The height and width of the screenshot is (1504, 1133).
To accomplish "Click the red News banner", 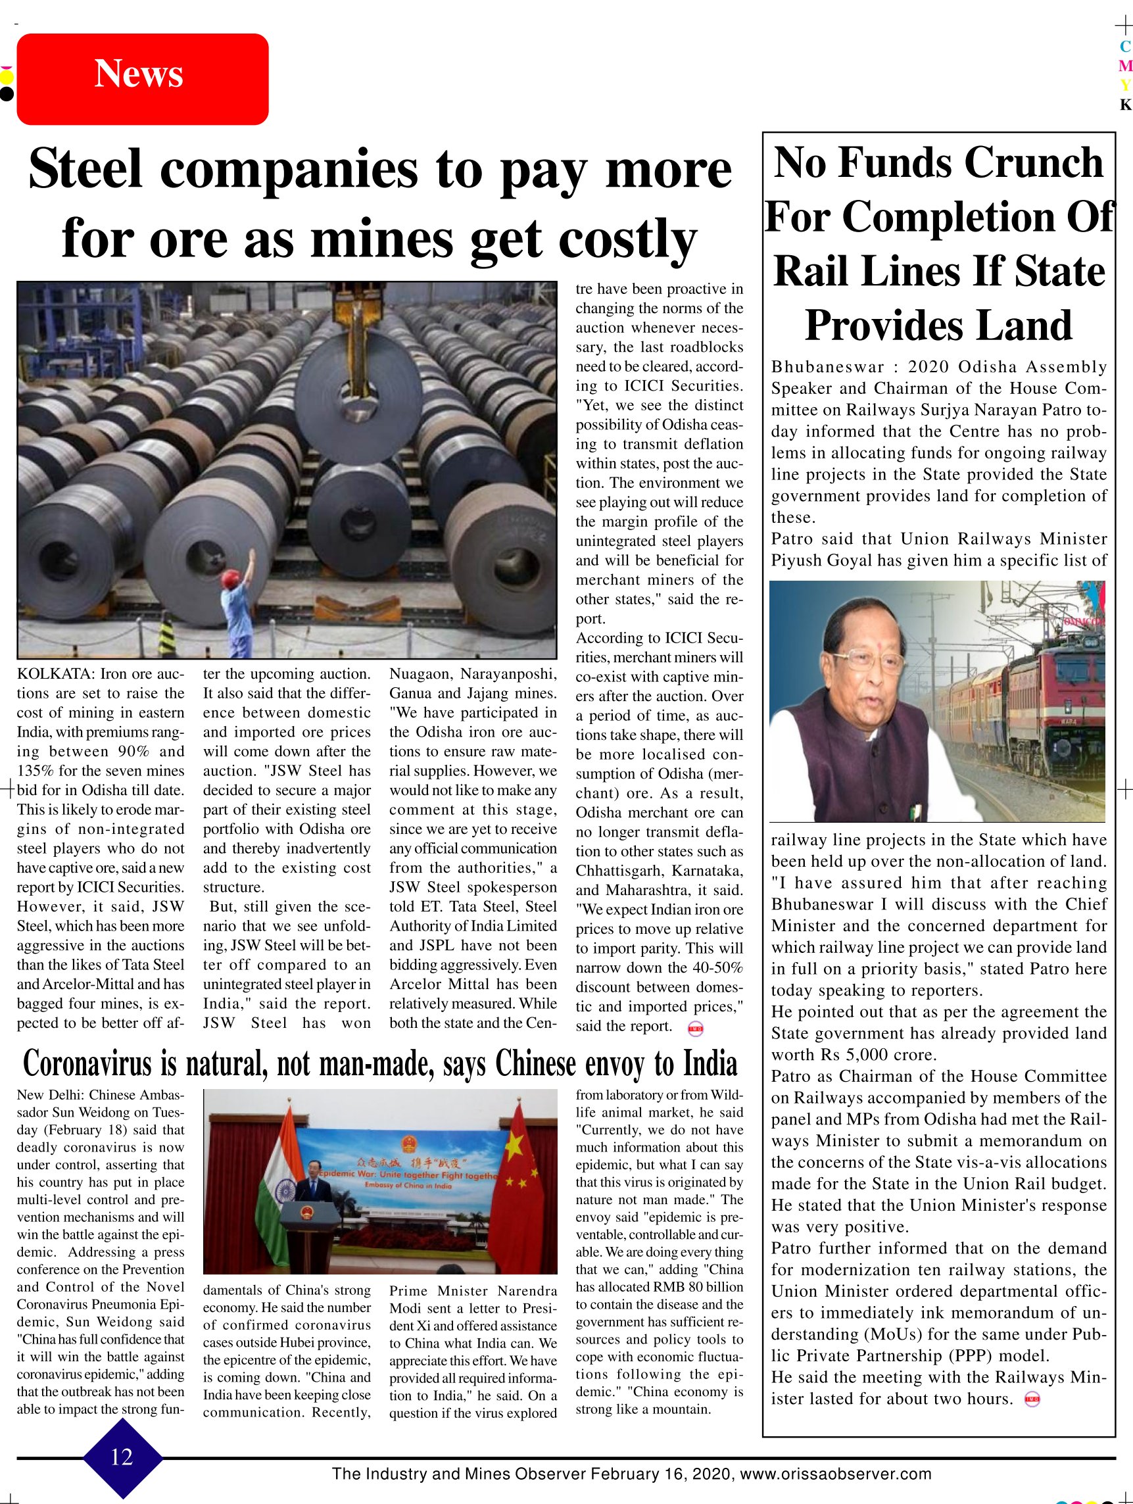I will (142, 79).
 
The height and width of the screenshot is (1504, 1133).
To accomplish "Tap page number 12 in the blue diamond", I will (122, 1457).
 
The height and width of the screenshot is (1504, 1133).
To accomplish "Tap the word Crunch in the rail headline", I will (1033, 163).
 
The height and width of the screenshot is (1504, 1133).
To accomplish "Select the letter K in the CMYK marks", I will (1126, 105).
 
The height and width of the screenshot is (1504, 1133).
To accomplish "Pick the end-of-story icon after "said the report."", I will (696, 1029).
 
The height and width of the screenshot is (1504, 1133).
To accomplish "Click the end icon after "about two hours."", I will (1032, 1399).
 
